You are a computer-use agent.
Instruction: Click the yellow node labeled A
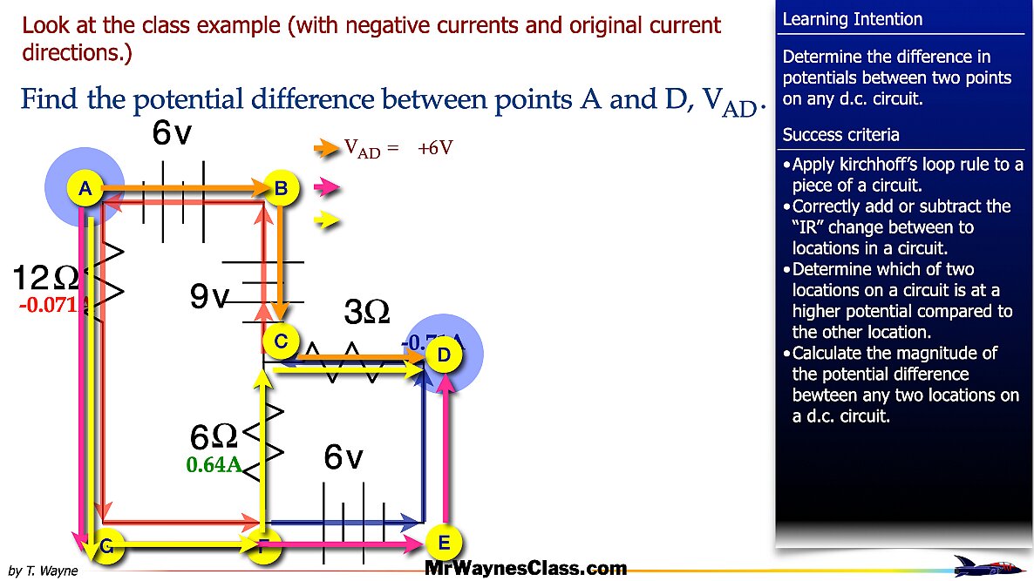click(85, 187)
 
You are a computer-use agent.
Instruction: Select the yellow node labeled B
click(281, 187)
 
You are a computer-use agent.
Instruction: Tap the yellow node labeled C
click(281, 341)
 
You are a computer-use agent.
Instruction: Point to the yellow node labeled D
click(444, 355)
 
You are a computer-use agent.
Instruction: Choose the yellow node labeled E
click(444, 544)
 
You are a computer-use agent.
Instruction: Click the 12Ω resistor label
click(45, 278)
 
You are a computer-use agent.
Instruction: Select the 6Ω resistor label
click(213, 435)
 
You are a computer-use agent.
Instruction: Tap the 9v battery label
click(209, 298)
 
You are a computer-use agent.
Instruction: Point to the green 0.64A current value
click(214, 465)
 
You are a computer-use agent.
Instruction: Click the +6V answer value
click(435, 149)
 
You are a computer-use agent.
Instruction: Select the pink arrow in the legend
click(325, 186)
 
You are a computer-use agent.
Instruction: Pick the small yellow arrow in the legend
click(325, 220)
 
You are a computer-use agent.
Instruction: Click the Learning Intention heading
click(852, 19)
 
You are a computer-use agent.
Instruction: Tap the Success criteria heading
click(840, 135)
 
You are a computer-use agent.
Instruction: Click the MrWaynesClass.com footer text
click(526, 569)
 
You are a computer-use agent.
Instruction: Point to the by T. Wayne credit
click(42, 571)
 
